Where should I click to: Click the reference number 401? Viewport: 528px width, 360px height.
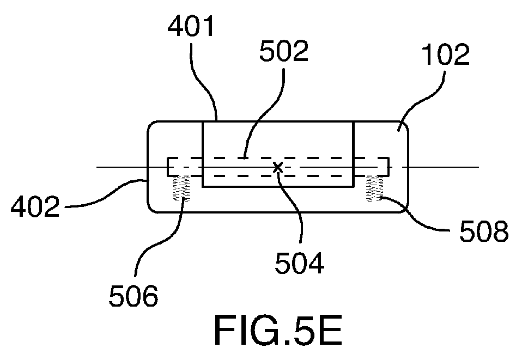point(191,26)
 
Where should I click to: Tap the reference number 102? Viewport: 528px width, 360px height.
point(446,54)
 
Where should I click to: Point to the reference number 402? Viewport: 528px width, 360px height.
point(35,206)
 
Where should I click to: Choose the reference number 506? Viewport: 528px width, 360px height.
point(133,296)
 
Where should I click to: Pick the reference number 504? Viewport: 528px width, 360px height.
point(299,263)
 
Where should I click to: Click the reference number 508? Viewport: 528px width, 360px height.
point(484,231)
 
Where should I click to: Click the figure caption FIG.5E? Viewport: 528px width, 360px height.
point(278,330)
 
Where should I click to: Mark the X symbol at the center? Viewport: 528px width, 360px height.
point(278,167)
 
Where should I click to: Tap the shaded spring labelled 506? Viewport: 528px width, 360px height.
point(181,188)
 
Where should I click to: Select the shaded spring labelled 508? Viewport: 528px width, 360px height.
point(375,188)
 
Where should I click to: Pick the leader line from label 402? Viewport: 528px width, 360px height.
point(107,195)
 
